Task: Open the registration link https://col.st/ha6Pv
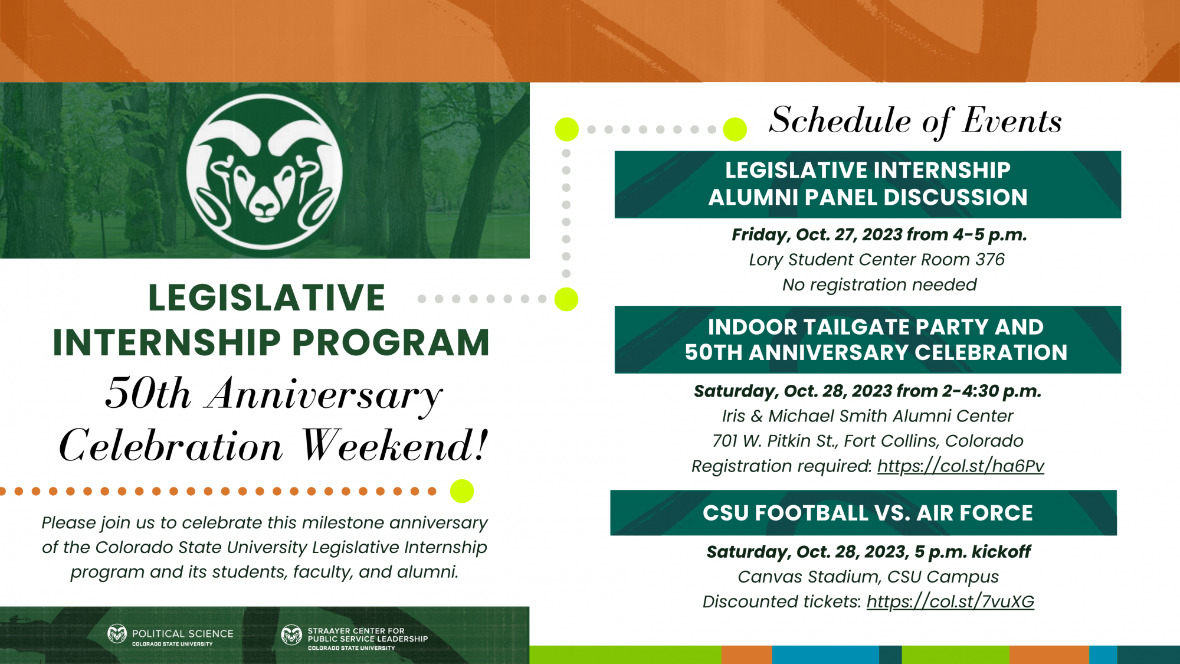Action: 961,466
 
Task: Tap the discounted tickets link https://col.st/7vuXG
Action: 950,601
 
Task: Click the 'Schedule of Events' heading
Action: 915,120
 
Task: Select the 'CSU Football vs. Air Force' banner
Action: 863,513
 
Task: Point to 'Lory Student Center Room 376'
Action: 876,260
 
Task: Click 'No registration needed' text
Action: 879,285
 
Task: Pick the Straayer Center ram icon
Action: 291,635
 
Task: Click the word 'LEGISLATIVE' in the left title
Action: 267,297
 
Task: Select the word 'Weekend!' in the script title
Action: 395,446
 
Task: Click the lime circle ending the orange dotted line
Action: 462,491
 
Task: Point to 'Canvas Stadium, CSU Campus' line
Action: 868,577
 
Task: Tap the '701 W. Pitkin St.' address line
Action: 867,441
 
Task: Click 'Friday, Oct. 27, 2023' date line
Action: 879,235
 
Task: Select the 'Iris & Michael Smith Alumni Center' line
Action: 867,416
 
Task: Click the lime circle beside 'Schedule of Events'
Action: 735,129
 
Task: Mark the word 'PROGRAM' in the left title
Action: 391,343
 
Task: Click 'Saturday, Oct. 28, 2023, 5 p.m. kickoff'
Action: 868,552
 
